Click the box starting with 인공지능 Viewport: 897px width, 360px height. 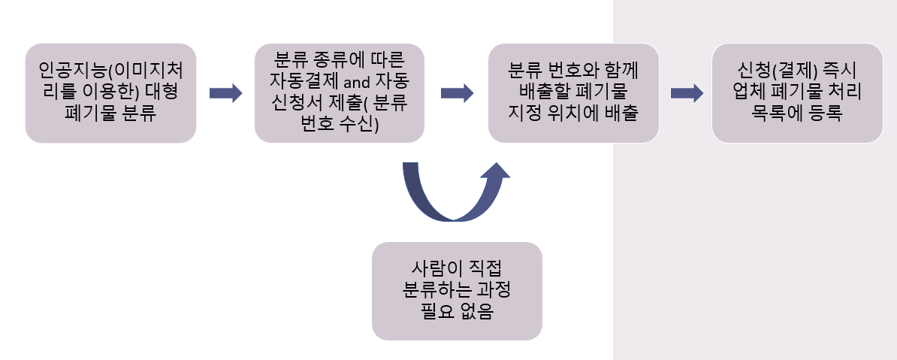coord(110,92)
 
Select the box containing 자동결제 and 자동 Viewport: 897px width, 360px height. coord(340,92)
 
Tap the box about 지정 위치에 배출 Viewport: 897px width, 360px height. coord(573,92)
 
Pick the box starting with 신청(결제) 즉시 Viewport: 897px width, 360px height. coord(797,92)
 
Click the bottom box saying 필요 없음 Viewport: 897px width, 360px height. coord(457,292)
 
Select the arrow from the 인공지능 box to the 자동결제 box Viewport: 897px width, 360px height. coord(225,93)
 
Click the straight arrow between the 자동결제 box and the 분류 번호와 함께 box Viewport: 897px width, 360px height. coord(457,93)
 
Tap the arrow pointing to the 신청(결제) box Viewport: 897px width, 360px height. coord(687,93)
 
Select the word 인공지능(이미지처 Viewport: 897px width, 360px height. coord(111,71)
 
